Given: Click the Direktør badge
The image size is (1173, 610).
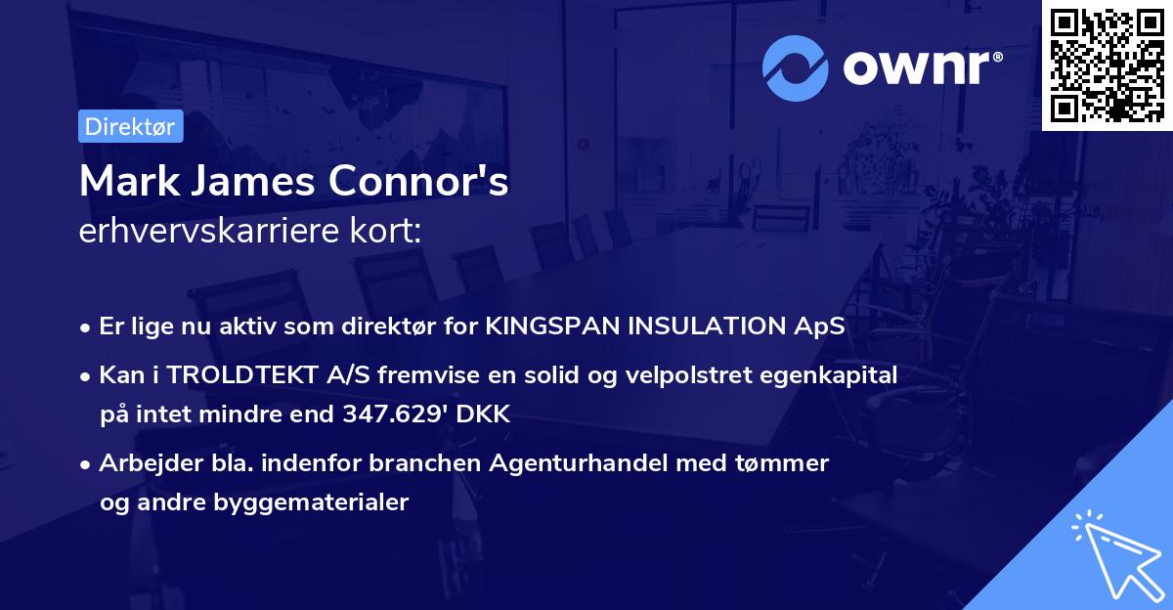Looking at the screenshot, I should tap(130, 126).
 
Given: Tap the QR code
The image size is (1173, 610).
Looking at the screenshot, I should tap(1107, 65).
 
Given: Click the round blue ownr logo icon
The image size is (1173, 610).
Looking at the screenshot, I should tap(796, 67).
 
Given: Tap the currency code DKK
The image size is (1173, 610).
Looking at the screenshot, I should tap(485, 414).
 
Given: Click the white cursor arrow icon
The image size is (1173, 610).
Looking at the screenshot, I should tap(1114, 555).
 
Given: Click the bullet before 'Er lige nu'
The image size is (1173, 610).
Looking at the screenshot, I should tap(86, 327).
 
